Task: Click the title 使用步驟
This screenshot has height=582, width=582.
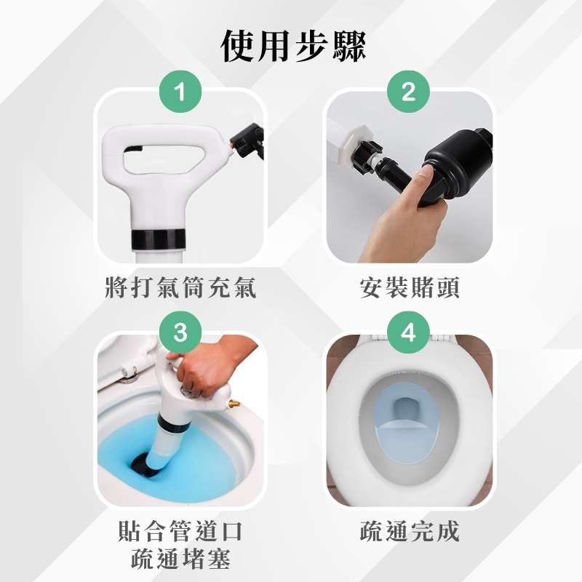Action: [x=293, y=47]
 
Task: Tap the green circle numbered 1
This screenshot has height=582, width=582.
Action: [x=180, y=92]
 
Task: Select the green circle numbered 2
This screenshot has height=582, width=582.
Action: [x=408, y=92]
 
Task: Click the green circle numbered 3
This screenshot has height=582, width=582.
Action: [x=180, y=332]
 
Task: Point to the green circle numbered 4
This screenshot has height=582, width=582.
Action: [x=408, y=332]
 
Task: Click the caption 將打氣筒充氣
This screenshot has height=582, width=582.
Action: [x=180, y=287]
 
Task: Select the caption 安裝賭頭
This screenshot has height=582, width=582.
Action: [x=410, y=287]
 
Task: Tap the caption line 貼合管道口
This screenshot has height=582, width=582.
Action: [x=180, y=531]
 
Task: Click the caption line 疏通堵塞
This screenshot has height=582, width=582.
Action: [x=180, y=559]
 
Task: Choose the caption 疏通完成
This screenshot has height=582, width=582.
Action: [x=410, y=531]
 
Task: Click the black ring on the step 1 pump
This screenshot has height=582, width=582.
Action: [x=159, y=239]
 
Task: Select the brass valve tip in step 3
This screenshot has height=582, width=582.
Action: [x=234, y=404]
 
